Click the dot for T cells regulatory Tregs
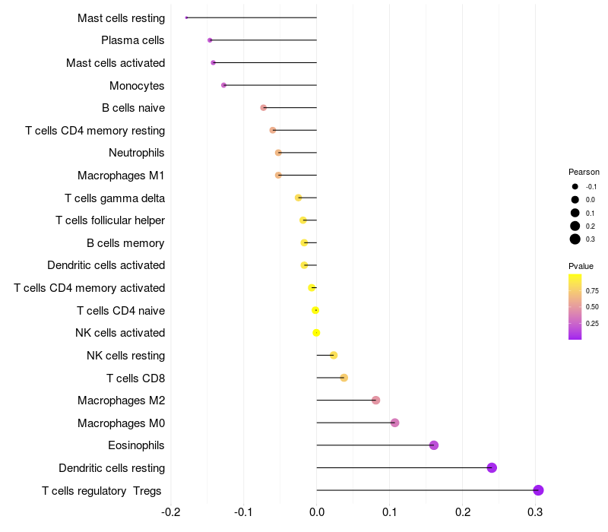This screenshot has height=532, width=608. (x=538, y=490)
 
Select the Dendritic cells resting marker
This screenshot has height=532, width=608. (x=492, y=467)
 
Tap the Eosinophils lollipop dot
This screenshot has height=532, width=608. (x=434, y=445)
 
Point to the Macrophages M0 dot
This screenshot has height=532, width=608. (x=394, y=423)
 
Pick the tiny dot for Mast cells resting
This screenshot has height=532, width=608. (x=186, y=17)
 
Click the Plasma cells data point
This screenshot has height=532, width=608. (x=210, y=40)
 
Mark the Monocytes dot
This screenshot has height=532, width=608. (x=223, y=85)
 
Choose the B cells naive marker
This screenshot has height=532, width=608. (x=264, y=108)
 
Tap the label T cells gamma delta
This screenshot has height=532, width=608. (x=115, y=198)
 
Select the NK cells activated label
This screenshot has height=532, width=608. (x=120, y=333)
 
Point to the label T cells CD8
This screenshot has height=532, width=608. (x=136, y=378)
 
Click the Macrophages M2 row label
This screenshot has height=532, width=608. (x=121, y=401)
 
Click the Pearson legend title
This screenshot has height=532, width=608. (x=584, y=172)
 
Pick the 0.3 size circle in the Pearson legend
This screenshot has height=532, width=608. (x=575, y=239)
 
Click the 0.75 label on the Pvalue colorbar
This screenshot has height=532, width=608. (x=592, y=290)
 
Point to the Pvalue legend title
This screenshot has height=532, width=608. (x=581, y=266)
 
